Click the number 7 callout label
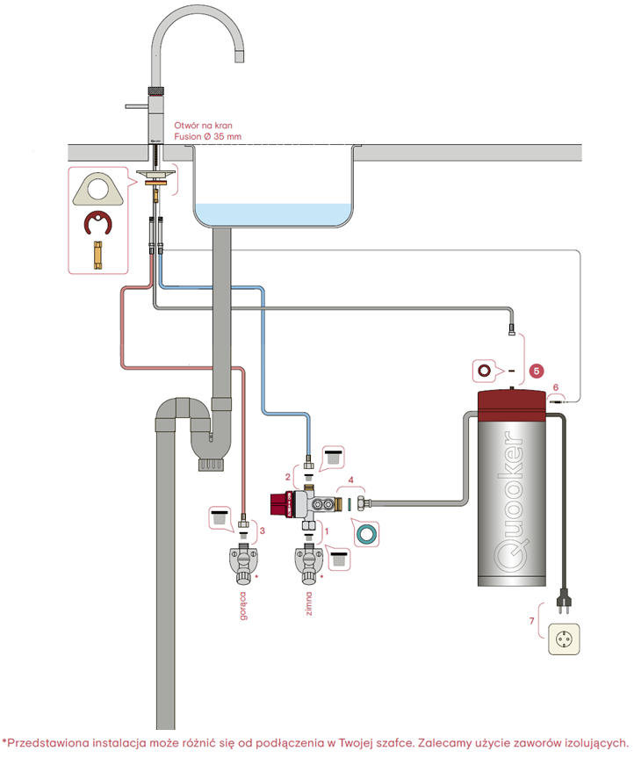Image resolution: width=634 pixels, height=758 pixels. (530, 621)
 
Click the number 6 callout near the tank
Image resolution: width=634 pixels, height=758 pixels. (555, 386)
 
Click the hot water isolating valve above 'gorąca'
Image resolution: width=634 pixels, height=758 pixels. (243, 563)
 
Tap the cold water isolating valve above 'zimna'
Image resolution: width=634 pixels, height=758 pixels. (308, 563)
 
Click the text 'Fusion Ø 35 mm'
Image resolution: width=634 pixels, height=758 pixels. (208, 136)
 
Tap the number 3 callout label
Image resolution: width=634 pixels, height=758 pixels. (261, 531)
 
